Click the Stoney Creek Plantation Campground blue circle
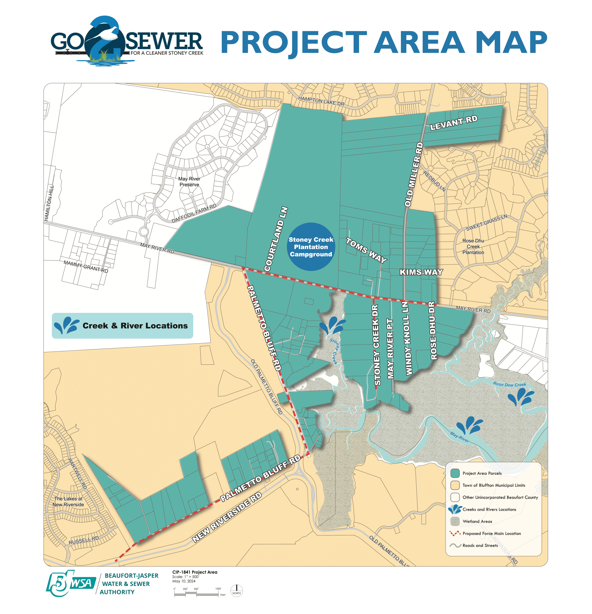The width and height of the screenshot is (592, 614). point(311,247)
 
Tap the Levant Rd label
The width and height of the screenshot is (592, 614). point(454,123)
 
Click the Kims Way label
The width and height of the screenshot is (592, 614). point(421,272)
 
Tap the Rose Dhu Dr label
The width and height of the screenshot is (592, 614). point(433,330)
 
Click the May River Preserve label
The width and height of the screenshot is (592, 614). point(189,182)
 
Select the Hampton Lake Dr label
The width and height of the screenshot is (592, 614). point(321,101)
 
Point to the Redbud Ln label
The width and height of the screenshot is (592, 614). point(434,181)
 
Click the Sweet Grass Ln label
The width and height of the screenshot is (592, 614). point(486,222)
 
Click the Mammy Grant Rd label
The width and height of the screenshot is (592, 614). point(86,266)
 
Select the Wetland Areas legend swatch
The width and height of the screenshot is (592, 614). point(455,521)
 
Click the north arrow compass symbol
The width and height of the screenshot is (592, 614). point(236,591)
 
